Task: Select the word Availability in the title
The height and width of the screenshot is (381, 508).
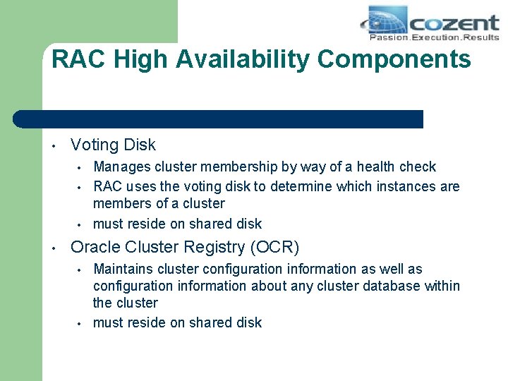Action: click(x=243, y=59)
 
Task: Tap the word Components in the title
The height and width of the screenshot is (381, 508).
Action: click(x=394, y=59)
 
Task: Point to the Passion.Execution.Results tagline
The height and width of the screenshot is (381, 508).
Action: click(x=434, y=37)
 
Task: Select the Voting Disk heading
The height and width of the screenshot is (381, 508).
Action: click(x=113, y=145)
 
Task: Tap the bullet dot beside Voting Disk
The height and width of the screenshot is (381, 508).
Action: click(x=53, y=146)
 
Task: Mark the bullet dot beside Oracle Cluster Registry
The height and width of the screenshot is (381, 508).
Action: click(x=53, y=248)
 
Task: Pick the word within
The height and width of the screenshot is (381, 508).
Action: click(x=441, y=286)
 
